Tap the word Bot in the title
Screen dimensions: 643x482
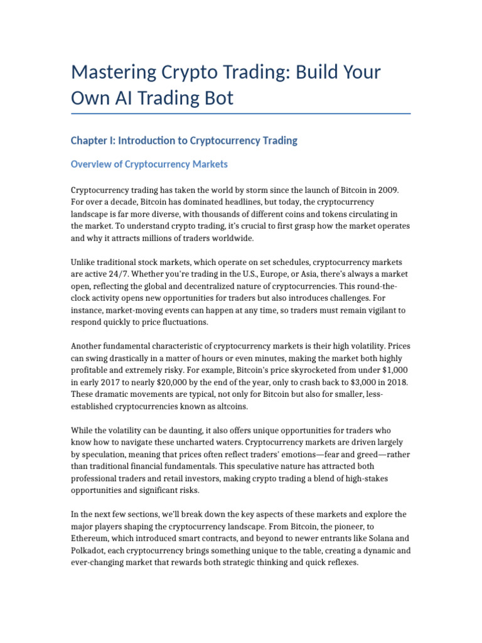pos(220,98)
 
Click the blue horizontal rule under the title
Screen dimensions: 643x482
pos(241,114)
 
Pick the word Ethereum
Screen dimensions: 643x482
pos(93,539)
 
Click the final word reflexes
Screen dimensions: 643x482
pos(339,563)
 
